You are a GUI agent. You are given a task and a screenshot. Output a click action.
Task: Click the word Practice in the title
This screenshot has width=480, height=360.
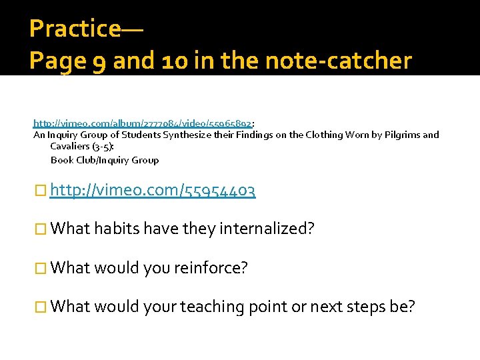[75, 29]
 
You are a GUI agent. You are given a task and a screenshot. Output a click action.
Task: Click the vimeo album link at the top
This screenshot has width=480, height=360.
[143, 123]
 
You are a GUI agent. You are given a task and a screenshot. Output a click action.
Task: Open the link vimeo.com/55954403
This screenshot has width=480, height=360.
[153, 191]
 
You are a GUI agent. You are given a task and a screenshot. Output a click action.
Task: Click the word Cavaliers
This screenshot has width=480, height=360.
[74, 147]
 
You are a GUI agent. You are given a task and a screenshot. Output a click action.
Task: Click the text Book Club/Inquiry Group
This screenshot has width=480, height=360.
[105, 160]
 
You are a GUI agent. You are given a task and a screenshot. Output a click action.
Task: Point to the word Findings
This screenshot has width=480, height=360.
[245, 135]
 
